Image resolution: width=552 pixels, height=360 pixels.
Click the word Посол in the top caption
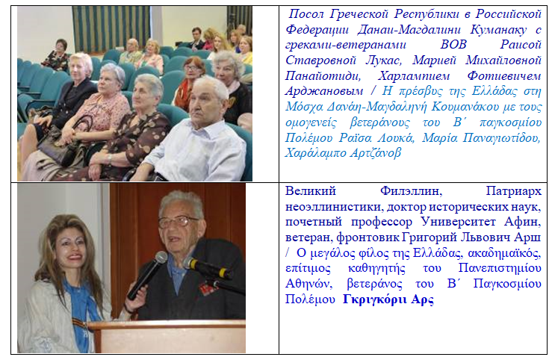coord(306,14)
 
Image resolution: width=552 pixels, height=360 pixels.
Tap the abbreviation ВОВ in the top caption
coord(453,45)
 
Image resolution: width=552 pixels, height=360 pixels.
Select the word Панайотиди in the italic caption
coord(323,75)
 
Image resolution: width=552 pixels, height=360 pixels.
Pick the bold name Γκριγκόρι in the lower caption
coord(374,299)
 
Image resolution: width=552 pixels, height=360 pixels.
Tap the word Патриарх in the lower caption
coord(513,191)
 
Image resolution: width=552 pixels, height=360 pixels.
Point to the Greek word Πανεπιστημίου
coord(500,268)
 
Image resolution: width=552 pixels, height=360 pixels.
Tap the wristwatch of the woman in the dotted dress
coord(110,159)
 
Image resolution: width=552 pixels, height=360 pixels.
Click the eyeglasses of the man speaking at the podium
coord(178,221)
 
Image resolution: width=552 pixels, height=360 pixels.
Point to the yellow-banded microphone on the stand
coord(208,268)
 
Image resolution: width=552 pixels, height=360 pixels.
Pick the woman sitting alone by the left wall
coord(57,55)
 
